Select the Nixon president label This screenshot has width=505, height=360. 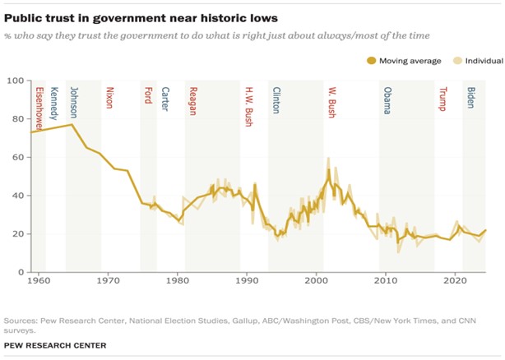(109, 98)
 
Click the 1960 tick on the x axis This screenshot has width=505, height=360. (38, 280)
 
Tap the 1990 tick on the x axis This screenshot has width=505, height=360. (247, 280)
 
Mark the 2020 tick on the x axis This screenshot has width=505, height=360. (455, 280)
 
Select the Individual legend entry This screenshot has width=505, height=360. (469, 60)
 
